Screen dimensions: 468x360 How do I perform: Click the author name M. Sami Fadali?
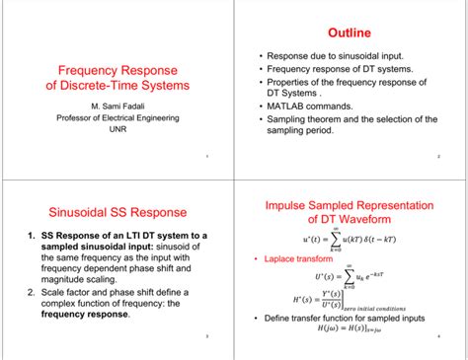(x=117, y=106)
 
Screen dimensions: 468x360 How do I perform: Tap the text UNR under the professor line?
(x=117, y=129)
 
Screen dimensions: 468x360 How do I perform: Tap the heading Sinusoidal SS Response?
(x=117, y=211)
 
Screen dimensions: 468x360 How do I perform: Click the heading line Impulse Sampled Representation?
(x=351, y=205)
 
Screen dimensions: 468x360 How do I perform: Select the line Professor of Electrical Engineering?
(x=117, y=117)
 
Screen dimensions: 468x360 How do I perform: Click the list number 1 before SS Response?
(x=24, y=235)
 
